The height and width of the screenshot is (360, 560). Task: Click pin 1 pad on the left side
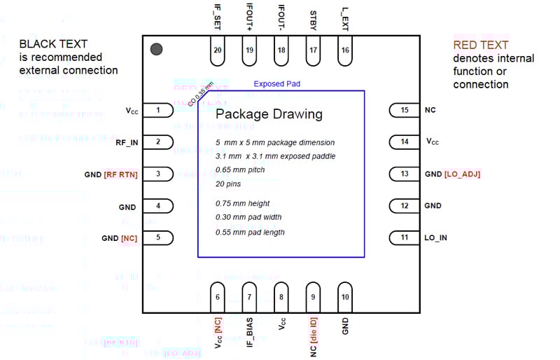(x=160, y=110)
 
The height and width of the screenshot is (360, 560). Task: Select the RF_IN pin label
(x=127, y=142)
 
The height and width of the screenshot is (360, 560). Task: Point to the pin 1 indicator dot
(x=157, y=49)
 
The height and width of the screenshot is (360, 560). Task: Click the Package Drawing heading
(x=269, y=114)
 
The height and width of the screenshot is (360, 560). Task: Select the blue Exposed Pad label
(x=277, y=84)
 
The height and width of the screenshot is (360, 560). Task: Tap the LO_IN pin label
(x=435, y=237)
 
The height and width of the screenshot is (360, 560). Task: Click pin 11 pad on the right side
(x=403, y=237)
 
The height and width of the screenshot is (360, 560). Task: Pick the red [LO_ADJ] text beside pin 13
(x=462, y=174)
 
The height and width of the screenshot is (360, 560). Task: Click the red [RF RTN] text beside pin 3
(x=120, y=174)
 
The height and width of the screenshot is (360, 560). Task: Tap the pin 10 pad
(x=345, y=296)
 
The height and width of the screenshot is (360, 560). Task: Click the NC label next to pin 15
(x=430, y=110)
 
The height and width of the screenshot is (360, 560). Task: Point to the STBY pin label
(x=313, y=20)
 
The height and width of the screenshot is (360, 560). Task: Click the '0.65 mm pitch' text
(x=240, y=169)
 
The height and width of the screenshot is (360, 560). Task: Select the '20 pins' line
(x=227, y=184)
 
